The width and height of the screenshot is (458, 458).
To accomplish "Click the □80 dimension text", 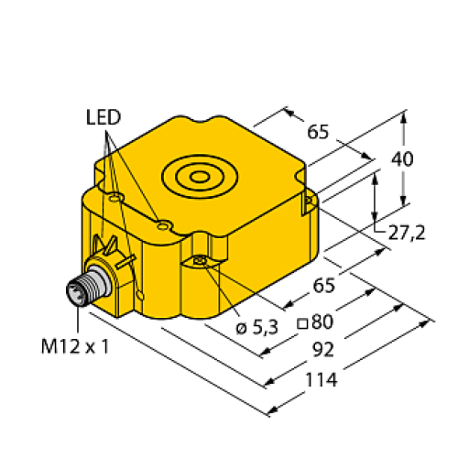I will pos(314,322).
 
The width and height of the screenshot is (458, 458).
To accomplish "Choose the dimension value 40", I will pos(401,158).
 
